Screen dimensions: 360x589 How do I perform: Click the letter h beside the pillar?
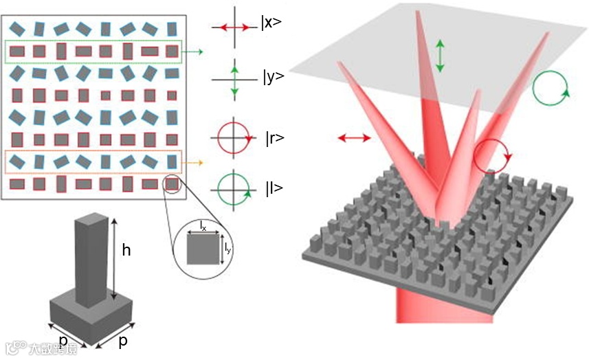click(126, 251)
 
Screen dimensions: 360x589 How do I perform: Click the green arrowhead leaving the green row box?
click(199, 51)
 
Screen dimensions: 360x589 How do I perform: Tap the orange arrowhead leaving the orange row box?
click(199, 163)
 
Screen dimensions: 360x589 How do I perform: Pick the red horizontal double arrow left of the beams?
click(354, 139)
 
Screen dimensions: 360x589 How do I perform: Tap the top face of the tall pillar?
click(91, 219)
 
